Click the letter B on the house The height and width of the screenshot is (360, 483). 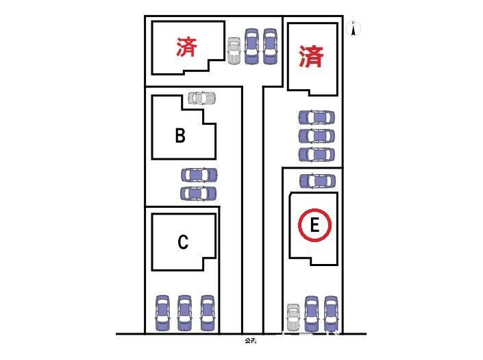pos(180,136)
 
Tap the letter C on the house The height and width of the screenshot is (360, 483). pos(183,242)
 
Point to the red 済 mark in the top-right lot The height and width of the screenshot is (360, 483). pos(311,56)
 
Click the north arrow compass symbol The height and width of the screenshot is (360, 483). pos(354,29)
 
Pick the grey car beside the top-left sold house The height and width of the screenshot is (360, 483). pos(234,50)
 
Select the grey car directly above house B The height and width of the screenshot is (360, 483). pos(201,98)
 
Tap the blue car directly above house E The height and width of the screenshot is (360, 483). pos(317,181)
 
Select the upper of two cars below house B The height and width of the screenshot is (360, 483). pos(199,176)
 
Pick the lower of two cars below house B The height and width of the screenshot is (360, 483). pos(199,193)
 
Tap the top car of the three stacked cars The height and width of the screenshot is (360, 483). pos(317,117)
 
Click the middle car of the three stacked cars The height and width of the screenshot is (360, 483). pos(317,136)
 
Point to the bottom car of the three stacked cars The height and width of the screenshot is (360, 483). pos(317,154)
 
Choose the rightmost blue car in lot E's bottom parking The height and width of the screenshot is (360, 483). pos(332,311)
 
